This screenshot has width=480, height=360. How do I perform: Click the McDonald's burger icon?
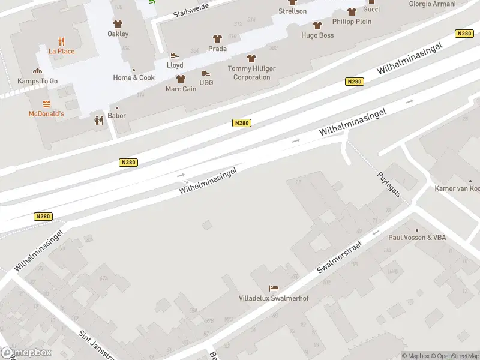click(x=46, y=104)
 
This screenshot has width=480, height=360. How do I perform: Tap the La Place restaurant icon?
click(x=62, y=41)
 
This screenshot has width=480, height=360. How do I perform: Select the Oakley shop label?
click(x=118, y=34)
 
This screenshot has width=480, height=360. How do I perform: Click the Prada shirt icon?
click(x=217, y=38)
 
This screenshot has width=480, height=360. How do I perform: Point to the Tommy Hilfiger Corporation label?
click(x=252, y=73)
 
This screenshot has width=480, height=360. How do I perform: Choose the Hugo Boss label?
click(x=317, y=35)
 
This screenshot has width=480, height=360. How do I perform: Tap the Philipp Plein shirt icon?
click(x=352, y=11)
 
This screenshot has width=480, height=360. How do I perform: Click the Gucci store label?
click(x=371, y=10)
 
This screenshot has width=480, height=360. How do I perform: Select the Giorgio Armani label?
click(x=432, y=4)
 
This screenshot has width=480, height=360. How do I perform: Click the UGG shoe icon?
click(x=206, y=73)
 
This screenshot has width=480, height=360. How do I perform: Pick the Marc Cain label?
click(x=181, y=89)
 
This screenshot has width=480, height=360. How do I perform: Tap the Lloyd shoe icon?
click(x=175, y=56)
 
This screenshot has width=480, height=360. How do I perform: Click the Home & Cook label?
click(x=134, y=77)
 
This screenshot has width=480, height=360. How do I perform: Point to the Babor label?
click(x=116, y=116)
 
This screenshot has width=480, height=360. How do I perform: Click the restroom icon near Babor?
click(x=99, y=120)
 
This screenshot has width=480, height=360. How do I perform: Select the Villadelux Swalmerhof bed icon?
click(x=274, y=288)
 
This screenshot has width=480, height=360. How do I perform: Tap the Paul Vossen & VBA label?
click(x=417, y=238)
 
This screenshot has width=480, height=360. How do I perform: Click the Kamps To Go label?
click(x=37, y=81)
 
